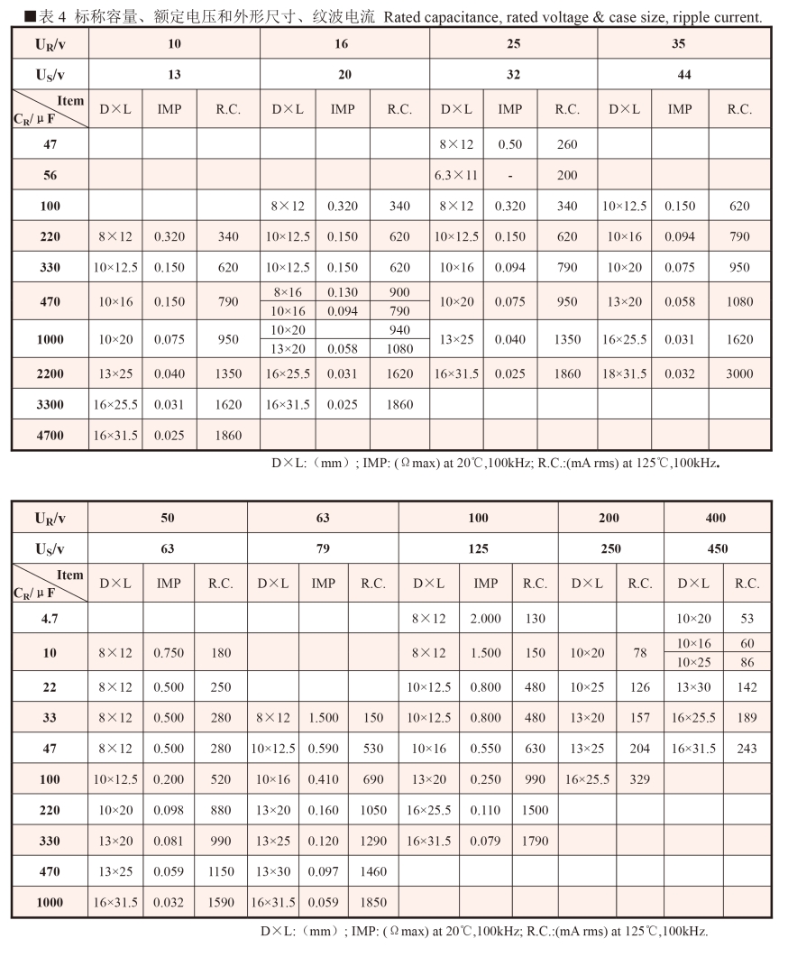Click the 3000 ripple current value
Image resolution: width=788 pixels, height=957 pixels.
pos(739,373)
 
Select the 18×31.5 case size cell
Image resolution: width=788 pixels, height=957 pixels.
pos(626,373)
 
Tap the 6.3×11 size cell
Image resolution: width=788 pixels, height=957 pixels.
pos(456,175)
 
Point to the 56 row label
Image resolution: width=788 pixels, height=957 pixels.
pos(50,175)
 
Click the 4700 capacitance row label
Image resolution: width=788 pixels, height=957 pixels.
pos(50,435)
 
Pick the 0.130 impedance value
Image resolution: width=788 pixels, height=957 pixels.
pos(343,292)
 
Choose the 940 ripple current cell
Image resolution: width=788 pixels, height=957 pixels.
pos(399,330)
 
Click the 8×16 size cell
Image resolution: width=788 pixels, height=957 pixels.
pos(288,292)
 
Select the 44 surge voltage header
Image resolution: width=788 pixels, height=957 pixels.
pos(684,75)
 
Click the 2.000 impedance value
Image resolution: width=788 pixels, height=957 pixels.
pos(486,618)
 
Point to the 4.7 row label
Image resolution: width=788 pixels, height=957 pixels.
pos(50,618)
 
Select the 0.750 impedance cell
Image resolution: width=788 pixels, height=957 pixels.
pos(169,653)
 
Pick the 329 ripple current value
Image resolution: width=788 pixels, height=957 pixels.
pos(640,779)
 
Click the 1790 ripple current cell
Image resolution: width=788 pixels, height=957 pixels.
pos(536,841)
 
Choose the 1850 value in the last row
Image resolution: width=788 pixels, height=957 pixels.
pos(373,902)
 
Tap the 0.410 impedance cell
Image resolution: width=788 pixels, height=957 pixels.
pos(324,779)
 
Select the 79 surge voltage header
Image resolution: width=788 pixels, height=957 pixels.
pos(323,548)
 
